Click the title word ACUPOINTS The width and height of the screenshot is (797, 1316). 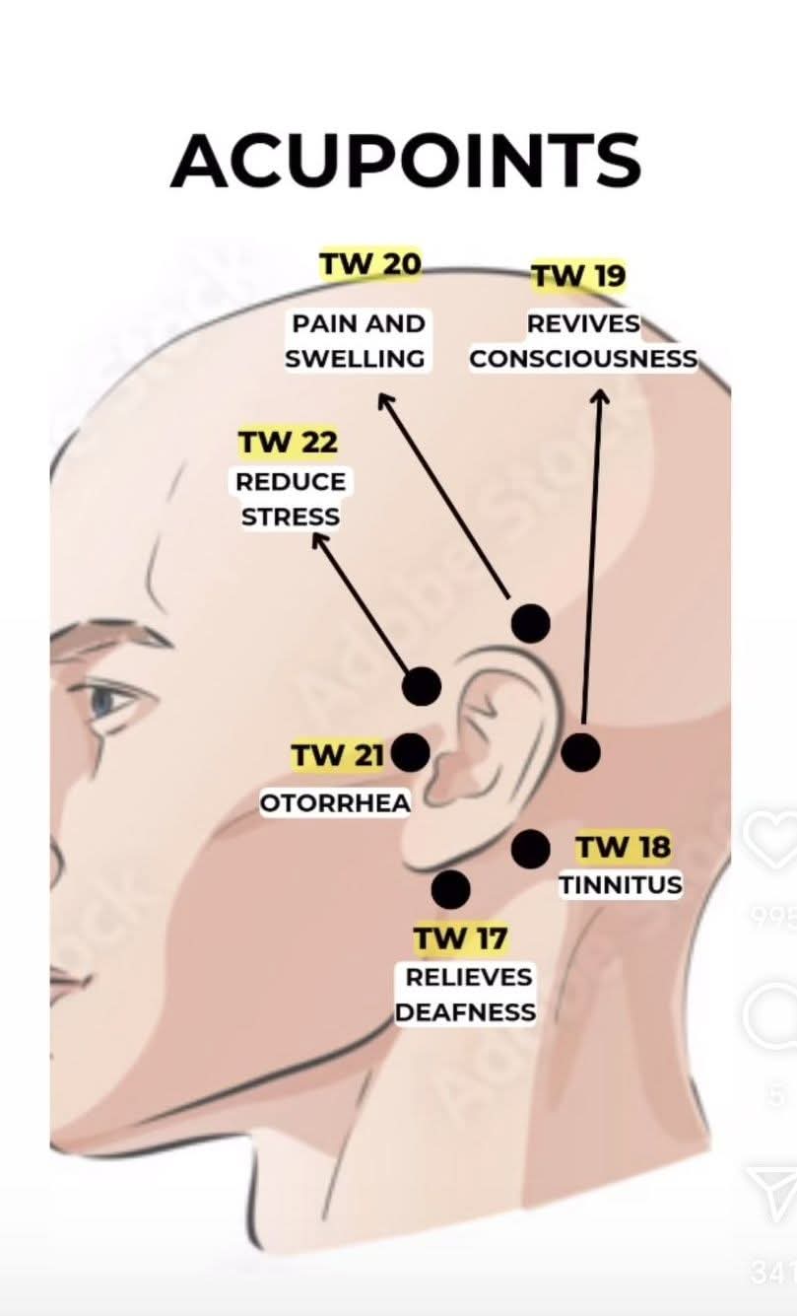click(x=406, y=160)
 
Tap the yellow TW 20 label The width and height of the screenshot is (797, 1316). click(x=370, y=264)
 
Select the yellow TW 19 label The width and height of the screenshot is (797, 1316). click(x=578, y=276)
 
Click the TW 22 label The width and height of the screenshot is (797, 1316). click(x=288, y=443)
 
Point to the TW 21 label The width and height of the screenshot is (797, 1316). click(x=337, y=756)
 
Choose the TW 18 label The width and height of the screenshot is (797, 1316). click(x=623, y=847)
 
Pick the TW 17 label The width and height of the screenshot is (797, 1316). click(x=460, y=938)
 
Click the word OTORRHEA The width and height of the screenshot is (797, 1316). click(x=335, y=803)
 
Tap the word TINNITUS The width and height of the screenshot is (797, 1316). click(x=621, y=885)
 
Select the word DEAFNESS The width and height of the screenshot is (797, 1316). click(x=466, y=1011)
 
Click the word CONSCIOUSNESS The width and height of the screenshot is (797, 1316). click(x=583, y=359)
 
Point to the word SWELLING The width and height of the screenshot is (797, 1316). click(x=355, y=359)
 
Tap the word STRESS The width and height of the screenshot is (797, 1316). click(x=291, y=517)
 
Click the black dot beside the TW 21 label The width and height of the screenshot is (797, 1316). click(x=411, y=753)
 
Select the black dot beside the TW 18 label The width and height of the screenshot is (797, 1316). click(x=531, y=848)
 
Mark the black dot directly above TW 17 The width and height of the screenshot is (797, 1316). click(x=451, y=889)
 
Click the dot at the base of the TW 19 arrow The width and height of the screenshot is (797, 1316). click(x=580, y=753)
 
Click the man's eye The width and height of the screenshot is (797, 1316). click(x=102, y=701)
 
